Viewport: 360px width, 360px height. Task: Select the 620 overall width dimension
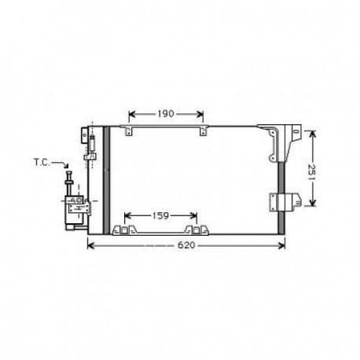click(183, 247)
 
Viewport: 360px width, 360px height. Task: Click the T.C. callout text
click(42, 163)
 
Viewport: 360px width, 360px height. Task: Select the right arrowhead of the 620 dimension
click(285, 247)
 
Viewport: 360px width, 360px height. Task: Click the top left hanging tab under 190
click(129, 127)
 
